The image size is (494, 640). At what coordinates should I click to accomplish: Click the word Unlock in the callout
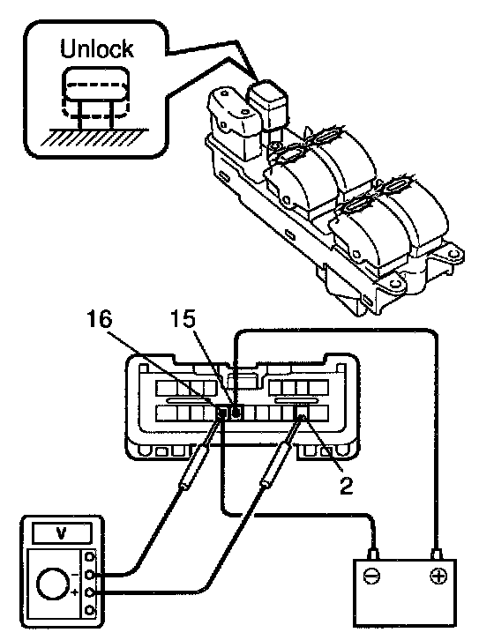(97, 48)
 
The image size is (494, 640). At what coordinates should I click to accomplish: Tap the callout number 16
(100, 319)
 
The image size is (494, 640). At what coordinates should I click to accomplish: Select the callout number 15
(183, 319)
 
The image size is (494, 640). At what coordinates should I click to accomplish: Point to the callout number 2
(346, 486)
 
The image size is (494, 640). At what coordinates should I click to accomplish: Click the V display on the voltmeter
(61, 532)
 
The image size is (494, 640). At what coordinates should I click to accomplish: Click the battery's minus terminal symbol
(371, 577)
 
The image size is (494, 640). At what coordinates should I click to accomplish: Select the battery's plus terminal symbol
(438, 576)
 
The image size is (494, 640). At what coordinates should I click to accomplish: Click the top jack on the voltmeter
(90, 557)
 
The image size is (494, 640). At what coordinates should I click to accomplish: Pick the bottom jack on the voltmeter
(90, 611)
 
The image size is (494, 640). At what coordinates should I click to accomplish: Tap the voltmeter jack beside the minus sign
(90, 575)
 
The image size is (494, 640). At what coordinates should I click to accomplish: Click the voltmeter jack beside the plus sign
(90, 592)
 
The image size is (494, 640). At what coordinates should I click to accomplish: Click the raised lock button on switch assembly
(268, 105)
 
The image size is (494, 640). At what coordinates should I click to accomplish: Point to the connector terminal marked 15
(236, 413)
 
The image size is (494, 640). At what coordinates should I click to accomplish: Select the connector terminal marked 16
(222, 413)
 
